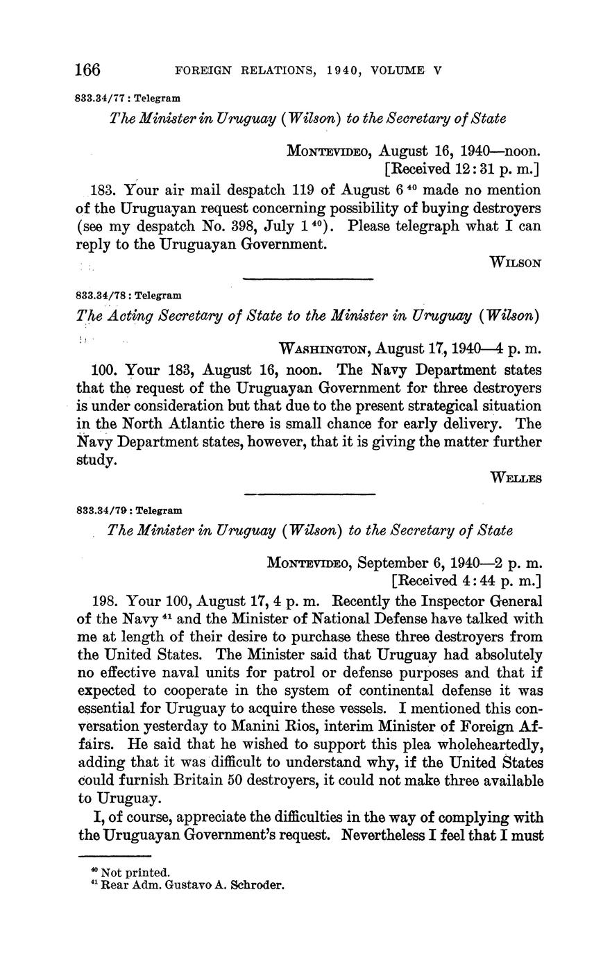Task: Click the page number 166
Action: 88,70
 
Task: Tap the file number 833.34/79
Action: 100,510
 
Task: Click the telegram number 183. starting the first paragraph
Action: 102,190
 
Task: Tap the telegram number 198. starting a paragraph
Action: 103,600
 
